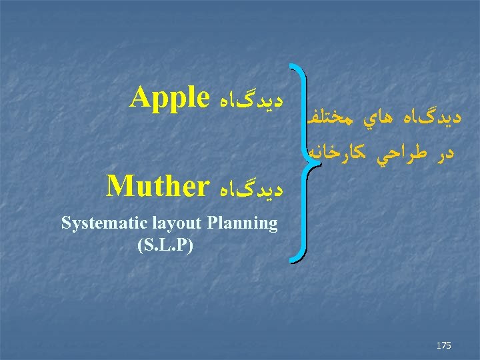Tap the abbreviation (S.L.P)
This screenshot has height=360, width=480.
[164, 245]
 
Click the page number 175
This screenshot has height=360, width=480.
[443, 345]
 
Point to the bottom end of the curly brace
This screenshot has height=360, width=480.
[291, 262]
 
